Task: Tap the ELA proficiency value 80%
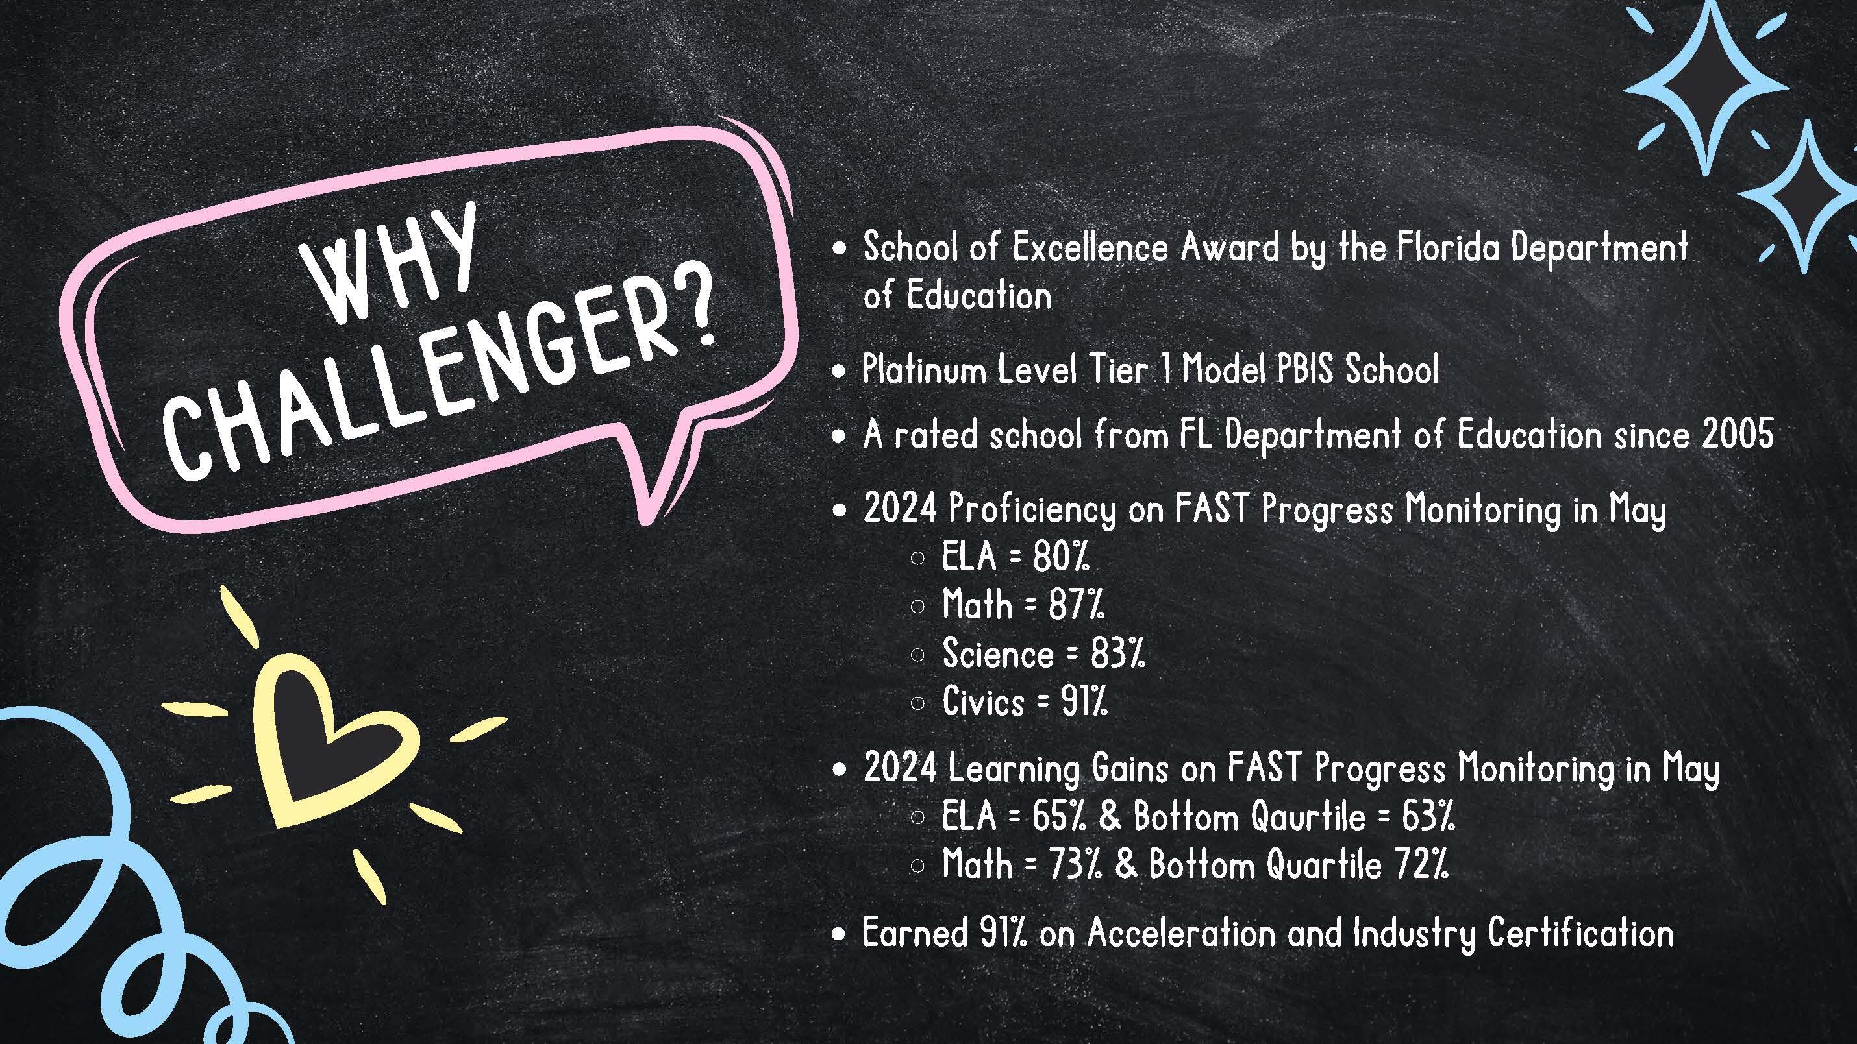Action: click(x=1061, y=557)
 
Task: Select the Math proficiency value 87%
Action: click(x=1077, y=605)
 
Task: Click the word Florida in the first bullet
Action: click(x=1449, y=249)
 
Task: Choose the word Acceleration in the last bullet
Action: click(x=1181, y=934)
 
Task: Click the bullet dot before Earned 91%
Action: click(x=837, y=935)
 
